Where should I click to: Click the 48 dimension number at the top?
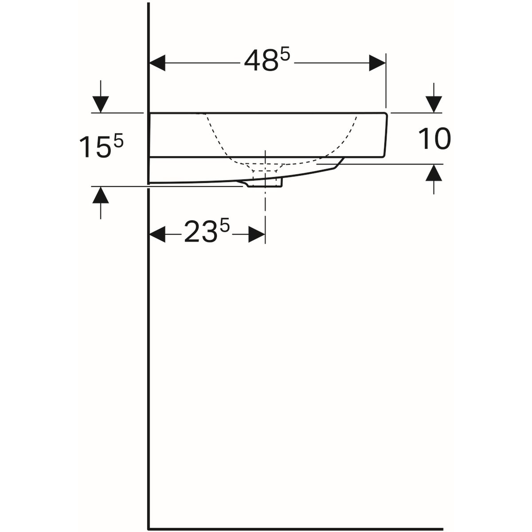point(261,61)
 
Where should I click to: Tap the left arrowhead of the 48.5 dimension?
point(157,63)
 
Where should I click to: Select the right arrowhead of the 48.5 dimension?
point(377,63)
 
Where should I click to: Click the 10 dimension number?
point(434,139)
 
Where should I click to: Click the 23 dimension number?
point(200,232)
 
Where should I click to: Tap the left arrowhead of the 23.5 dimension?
point(157,235)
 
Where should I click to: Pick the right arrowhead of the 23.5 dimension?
point(257,235)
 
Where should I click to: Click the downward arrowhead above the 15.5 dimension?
point(101,104)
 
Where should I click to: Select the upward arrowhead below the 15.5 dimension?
point(101,195)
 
